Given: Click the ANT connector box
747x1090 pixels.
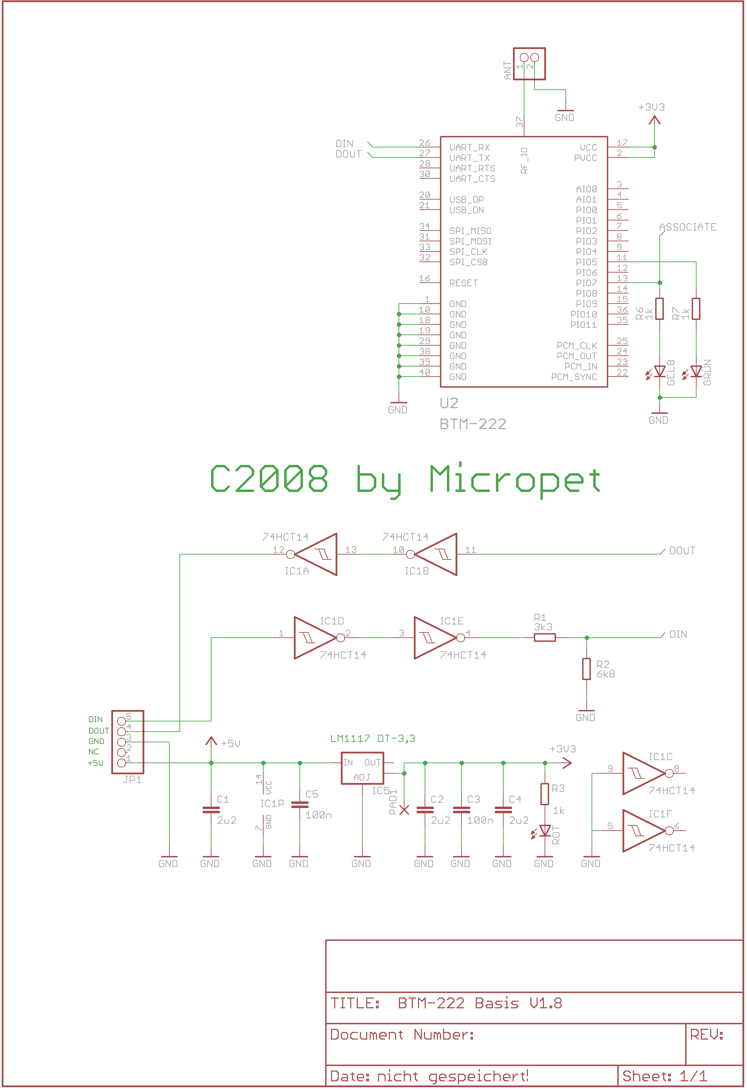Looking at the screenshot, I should (529, 64).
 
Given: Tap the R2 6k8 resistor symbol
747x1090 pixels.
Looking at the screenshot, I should (587, 669).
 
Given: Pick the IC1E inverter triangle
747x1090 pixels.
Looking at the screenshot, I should (434, 638).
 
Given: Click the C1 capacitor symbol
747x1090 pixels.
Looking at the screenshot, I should (211, 810).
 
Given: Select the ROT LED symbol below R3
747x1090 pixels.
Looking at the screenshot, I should (545, 831).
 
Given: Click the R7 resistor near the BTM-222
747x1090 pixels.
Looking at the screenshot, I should (696, 309).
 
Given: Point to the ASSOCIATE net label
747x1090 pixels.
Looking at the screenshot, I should (688, 227).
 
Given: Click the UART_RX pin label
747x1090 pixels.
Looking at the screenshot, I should (469, 148).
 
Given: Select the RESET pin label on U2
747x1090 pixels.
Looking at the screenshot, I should (464, 283).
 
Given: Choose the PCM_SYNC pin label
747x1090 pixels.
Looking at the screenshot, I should (574, 377).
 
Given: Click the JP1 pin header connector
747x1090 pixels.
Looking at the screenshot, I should (128, 742).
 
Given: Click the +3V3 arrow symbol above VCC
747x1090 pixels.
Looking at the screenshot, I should (654, 120).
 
